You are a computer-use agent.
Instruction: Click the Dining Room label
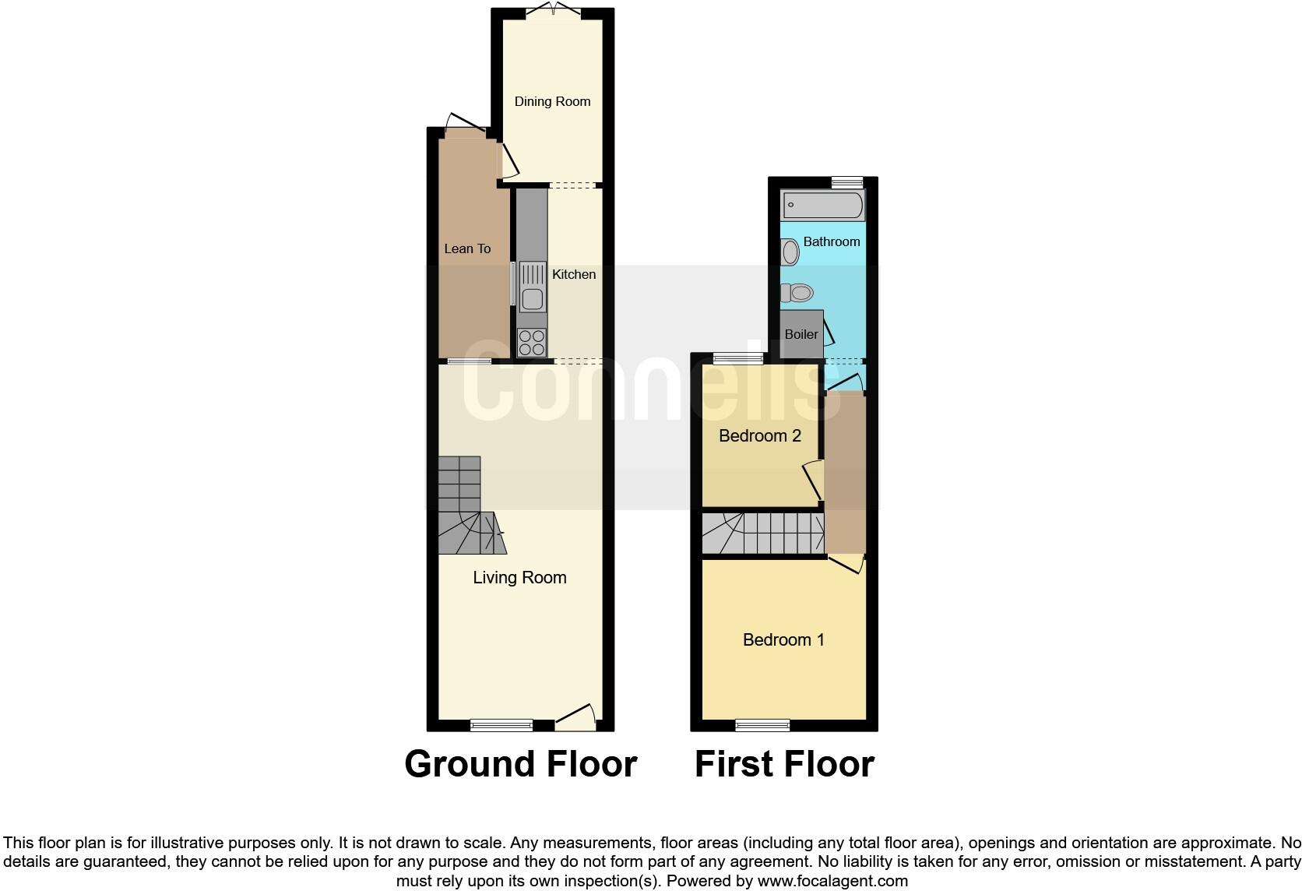click(x=552, y=101)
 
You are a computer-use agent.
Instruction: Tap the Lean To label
click(x=467, y=248)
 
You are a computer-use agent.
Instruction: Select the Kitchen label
click(x=574, y=274)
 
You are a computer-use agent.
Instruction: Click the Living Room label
click(x=519, y=577)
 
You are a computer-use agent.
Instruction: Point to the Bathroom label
click(x=832, y=241)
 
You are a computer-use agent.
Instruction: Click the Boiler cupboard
click(x=801, y=334)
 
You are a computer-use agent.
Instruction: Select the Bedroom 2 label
click(x=759, y=435)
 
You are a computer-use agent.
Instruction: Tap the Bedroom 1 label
click(x=783, y=639)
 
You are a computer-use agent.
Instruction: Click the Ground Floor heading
click(x=520, y=764)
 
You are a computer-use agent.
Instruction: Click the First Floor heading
click(x=784, y=764)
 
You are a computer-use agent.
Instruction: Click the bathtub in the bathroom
click(x=822, y=206)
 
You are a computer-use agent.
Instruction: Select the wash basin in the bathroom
click(x=790, y=252)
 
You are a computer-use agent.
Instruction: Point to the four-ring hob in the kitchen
click(x=532, y=343)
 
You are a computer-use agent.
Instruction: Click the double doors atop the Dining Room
click(x=553, y=11)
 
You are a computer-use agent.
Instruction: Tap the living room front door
click(x=575, y=718)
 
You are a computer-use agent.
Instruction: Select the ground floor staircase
click(x=467, y=506)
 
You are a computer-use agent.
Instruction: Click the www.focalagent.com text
click(x=832, y=881)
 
